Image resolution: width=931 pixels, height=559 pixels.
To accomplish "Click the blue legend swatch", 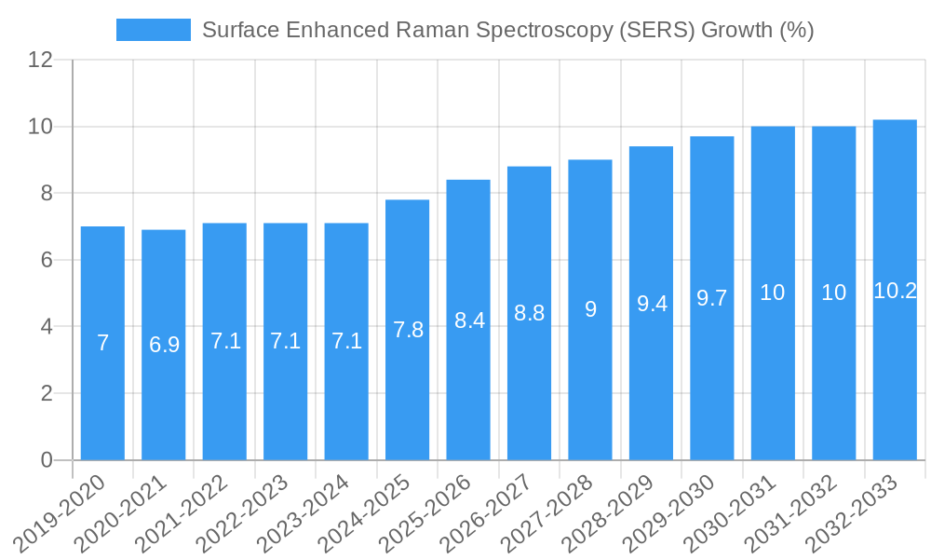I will [x=153, y=30].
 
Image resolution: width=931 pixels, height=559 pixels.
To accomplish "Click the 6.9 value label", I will [x=164, y=345].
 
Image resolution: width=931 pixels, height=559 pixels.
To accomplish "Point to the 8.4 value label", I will [x=469, y=320].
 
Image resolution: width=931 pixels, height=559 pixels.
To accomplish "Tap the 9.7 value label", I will [x=712, y=298].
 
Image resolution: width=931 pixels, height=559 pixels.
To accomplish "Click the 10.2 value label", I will [x=895, y=291].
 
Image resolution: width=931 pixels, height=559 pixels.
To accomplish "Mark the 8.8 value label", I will [x=530, y=313].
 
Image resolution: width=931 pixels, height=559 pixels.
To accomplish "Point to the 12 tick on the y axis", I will [x=40, y=60].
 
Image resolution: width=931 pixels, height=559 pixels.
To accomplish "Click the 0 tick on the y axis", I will [x=47, y=460].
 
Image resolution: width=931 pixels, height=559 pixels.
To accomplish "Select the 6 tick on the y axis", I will [x=47, y=260].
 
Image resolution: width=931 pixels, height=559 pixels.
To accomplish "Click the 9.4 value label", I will [x=652, y=303].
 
